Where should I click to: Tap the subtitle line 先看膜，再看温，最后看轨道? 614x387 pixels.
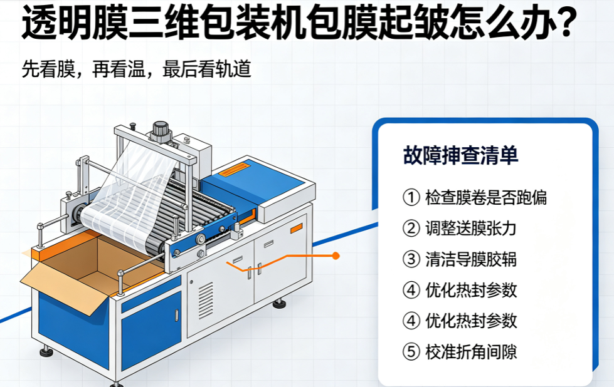[136, 69]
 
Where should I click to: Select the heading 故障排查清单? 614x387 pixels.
[460, 155]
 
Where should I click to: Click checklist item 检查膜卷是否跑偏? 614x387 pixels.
[486, 197]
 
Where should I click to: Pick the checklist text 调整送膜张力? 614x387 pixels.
[471, 229]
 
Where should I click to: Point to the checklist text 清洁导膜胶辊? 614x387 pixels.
[471, 259]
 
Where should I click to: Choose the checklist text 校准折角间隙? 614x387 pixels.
[471, 351]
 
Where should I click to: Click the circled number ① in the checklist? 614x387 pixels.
[411, 197]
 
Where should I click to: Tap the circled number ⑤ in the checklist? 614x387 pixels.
[411, 351]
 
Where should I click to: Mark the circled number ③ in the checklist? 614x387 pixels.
[411, 259]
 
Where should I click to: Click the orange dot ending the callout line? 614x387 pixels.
[336, 256]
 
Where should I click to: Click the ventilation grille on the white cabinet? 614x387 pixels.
[206, 300]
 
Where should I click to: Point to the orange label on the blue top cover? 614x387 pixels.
[234, 170]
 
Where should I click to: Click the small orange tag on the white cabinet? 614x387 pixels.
[297, 229]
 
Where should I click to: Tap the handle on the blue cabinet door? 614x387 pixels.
[177, 315]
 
